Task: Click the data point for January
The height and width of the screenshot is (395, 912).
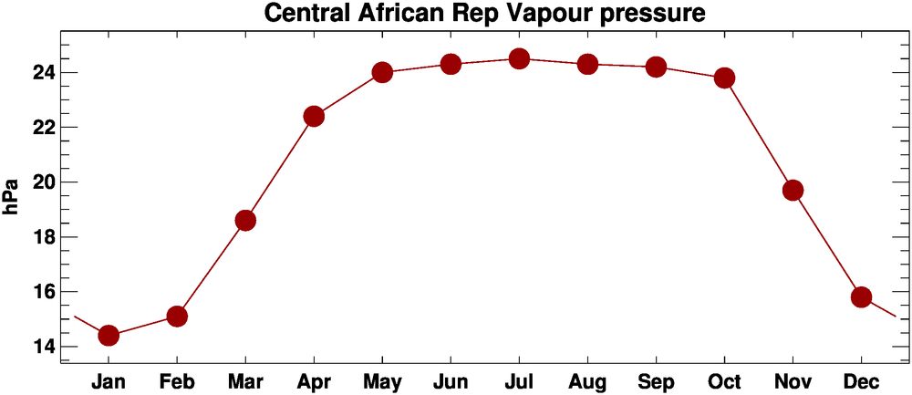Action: coord(109,335)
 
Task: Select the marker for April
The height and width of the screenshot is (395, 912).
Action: coord(314,116)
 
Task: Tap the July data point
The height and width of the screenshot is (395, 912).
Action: coord(519,58)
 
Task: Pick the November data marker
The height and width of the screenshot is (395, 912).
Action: coord(793,190)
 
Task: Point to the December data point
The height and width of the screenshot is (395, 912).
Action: coord(861,296)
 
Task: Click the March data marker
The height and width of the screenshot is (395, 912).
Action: coord(245,220)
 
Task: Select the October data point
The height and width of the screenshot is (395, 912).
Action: coord(724,78)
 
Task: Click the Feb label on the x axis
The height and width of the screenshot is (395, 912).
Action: coord(177,380)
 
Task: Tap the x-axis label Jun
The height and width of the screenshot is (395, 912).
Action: coord(451,380)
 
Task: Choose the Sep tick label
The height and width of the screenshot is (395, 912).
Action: coord(656,380)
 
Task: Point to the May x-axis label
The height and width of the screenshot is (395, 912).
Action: coord(382,380)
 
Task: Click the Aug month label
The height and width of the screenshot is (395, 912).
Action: coord(587,380)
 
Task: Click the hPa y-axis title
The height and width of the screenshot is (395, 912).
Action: coord(12,197)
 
